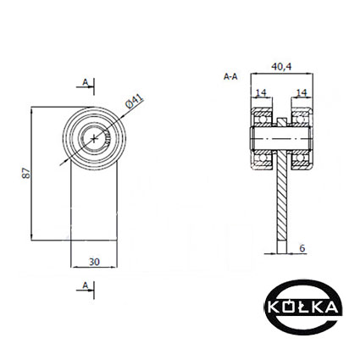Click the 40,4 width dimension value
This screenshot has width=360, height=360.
(x=281, y=67)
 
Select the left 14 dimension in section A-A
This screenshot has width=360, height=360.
(x=261, y=92)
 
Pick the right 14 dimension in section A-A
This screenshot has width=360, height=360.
(x=302, y=92)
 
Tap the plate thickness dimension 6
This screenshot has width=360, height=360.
(x=302, y=248)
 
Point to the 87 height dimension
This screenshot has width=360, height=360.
(x=25, y=173)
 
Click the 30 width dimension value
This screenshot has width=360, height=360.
(x=94, y=262)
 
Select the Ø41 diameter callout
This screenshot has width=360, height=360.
(x=135, y=101)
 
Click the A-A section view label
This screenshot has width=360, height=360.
(x=230, y=76)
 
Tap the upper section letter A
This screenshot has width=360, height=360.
(x=86, y=82)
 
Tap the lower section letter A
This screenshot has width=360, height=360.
(x=86, y=285)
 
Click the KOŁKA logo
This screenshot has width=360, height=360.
(x=302, y=307)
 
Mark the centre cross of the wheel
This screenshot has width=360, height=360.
(x=94, y=138)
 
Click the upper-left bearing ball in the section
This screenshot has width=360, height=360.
(x=263, y=119)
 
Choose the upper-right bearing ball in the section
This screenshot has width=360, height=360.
(x=301, y=119)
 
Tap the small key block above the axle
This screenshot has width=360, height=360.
(x=282, y=122)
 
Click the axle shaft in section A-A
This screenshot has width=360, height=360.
(x=281, y=138)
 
